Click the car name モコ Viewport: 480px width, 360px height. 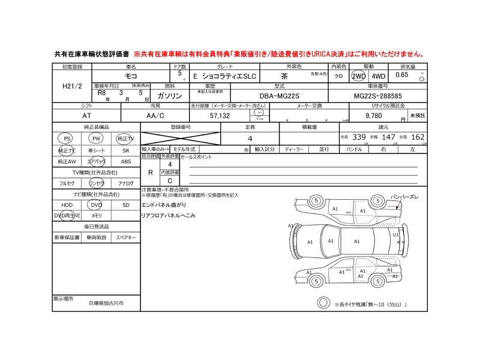coord(130,77)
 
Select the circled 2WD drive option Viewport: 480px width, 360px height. coord(359,77)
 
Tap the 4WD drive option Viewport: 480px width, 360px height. coord(379,77)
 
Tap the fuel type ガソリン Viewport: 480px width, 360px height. coord(169,95)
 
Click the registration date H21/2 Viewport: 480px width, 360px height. coord(73,87)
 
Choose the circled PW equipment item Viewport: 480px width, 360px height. coord(95,139)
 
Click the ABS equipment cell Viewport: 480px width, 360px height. coord(125,161)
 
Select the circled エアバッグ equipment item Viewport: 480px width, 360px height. coord(96,161)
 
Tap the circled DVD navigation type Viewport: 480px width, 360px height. coord(96,205)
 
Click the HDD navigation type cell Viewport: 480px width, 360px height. coord(66,205)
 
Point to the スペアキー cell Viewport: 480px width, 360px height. coord(125,238)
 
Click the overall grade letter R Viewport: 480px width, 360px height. coord(150,172)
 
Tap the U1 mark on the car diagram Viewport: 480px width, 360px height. coord(395,235)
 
